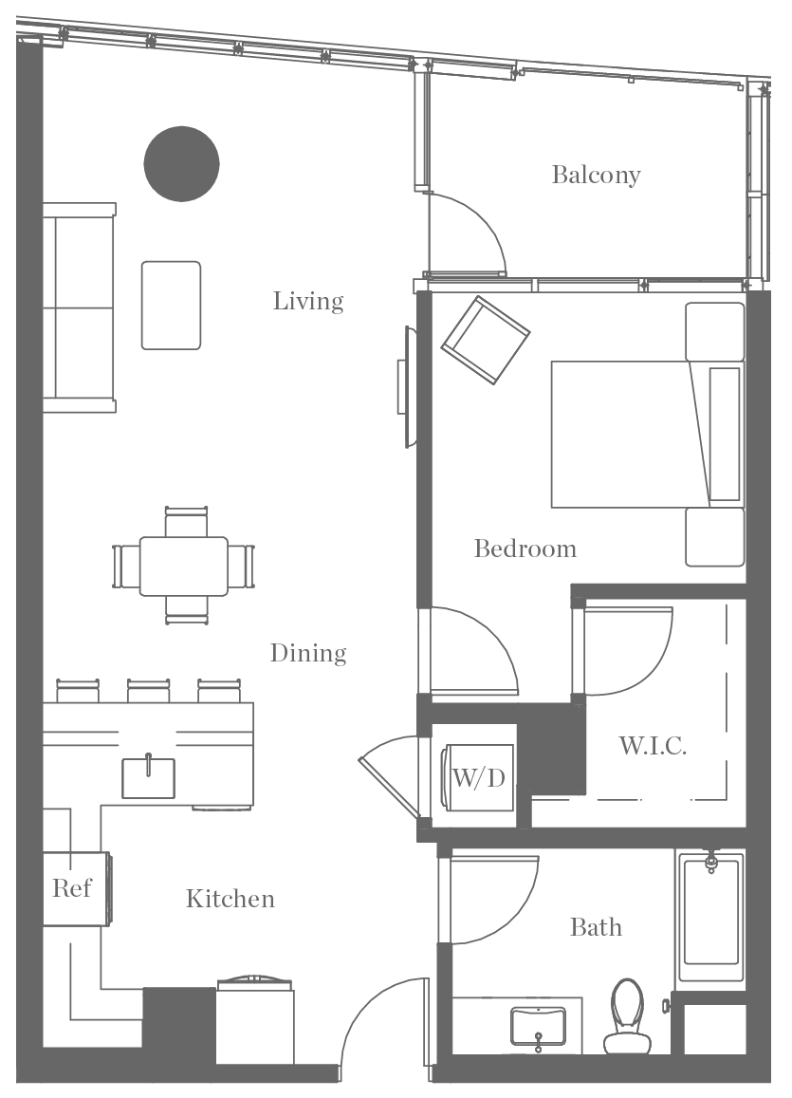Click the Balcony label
[x=596, y=175]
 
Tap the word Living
[x=308, y=302]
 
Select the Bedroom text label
[x=525, y=549]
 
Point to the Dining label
[x=308, y=653]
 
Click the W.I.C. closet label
[x=653, y=746]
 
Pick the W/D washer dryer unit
[x=478, y=779]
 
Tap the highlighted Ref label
[x=72, y=888]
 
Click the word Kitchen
[x=230, y=899]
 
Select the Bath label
[x=596, y=926]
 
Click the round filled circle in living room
[x=182, y=164]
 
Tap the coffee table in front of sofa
[x=172, y=305]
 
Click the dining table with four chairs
[x=184, y=566]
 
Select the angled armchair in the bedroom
[x=485, y=339]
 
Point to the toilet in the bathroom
[x=625, y=1017]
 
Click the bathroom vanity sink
[x=539, y=1025]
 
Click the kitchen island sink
[x=149, y=777]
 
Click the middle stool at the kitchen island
[x=149, y=690]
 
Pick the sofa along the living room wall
[x=80, y=307]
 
